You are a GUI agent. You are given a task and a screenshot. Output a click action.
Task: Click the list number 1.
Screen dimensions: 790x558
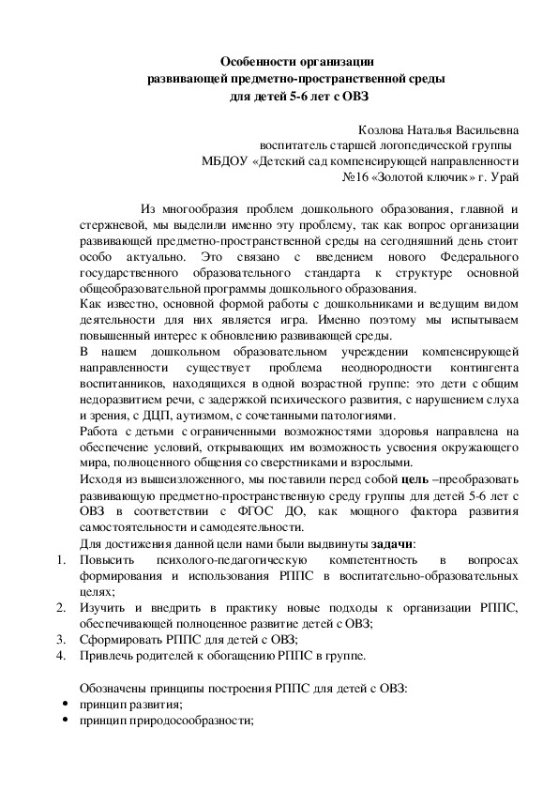[x=59, y=560]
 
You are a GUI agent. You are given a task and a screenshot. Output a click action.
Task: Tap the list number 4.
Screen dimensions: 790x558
[x=59, y=656]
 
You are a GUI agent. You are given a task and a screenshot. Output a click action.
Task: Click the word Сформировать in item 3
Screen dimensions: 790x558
[x=117, y=640]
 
